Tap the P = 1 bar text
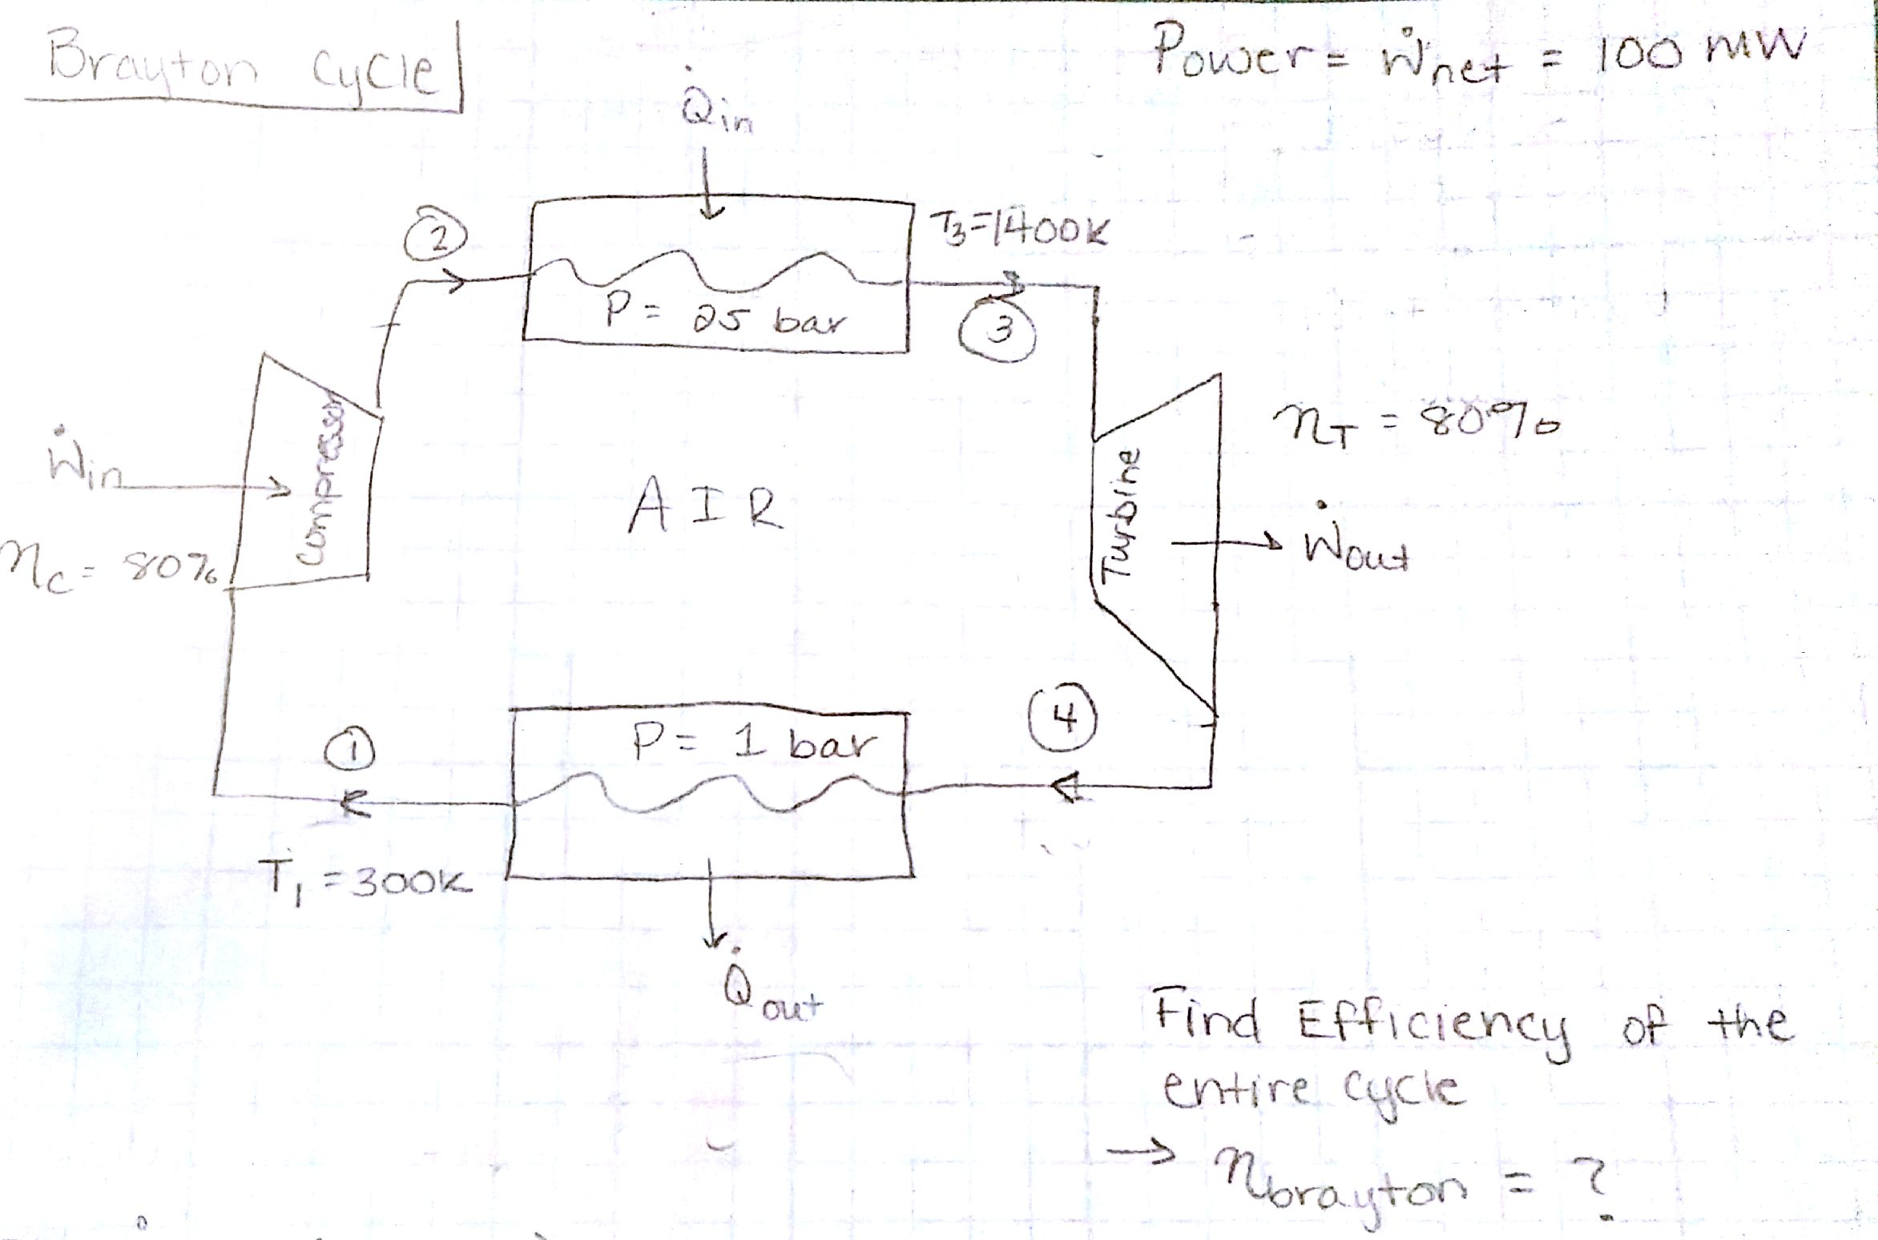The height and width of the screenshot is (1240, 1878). coord(751,744)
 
